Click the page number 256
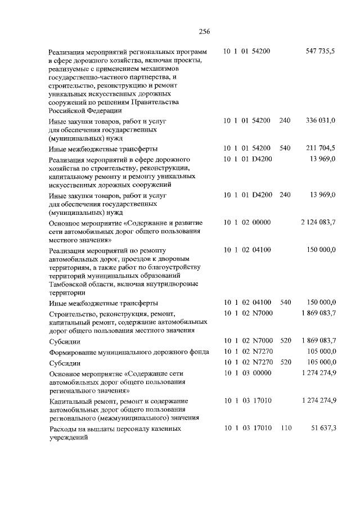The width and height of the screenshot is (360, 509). (x=204, y=31)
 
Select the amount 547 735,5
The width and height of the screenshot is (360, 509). (x=320, y=51)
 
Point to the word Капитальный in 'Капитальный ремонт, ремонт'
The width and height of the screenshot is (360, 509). (x=69, y=400)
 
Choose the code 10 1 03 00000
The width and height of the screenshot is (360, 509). (x=247, y=373)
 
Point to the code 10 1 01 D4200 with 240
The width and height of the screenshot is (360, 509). (x=247, y=195)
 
